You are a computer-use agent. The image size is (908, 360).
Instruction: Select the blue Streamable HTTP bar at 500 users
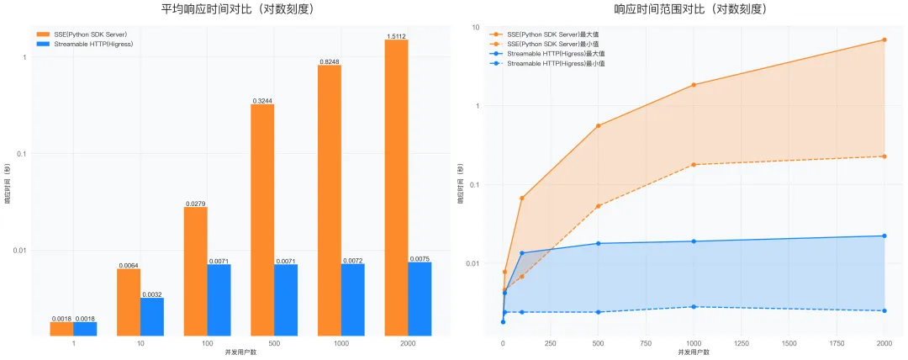(x=285, y=299)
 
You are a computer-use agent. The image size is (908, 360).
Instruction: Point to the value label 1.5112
(x=396, y=36)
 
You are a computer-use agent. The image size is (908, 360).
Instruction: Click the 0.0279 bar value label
(x=195, y=203)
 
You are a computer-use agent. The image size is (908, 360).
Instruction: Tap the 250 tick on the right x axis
(x=551, y=343)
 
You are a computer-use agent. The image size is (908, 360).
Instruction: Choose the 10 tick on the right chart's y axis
(x=476, y=28)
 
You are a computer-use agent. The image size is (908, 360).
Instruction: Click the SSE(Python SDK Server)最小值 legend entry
(x=555, y=44)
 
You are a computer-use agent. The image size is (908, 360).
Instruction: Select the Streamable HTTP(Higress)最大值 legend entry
(x=557, y=53)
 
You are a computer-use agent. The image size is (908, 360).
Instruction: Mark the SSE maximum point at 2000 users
(x=884, y=40)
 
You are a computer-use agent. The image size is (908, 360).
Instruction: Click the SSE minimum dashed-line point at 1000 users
(x=693, y=164)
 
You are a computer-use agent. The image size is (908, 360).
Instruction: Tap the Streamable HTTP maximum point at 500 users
(x=598, y=243)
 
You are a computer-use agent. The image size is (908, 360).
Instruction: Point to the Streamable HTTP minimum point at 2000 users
(x=884, y=310)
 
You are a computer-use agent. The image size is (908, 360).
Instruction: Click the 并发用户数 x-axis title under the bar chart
(x=240, y=351)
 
